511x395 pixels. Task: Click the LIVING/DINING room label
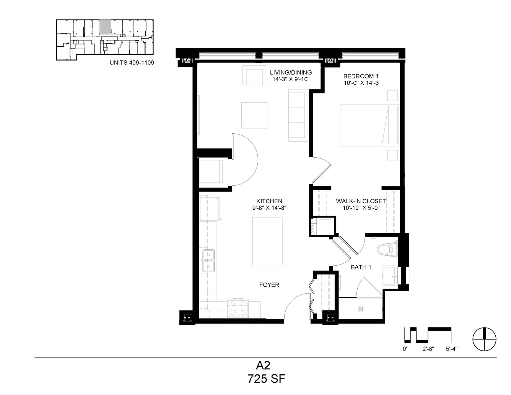click(x=291, y=72)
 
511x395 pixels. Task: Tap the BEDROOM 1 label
click(x=361, y=76)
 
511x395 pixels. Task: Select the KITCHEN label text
click(x=269, y=201)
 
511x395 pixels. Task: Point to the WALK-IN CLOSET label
click(x=361, y=201)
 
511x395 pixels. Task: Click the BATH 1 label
click(x=361, y=267)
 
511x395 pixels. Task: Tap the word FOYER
click(x=269, y=285)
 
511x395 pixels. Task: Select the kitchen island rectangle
click(x=268, y=241)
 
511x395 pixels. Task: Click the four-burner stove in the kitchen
click(x=238, y=308)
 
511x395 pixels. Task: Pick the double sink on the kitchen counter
click(x=208, y=261)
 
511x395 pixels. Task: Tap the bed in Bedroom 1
click(x=369, y=126)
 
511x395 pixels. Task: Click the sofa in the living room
click(x=298, y=115)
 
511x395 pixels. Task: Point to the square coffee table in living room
click(x=254, y=115)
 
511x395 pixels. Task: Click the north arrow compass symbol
click(x=485, y=339)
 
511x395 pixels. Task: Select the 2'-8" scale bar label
click(x=428, y=349)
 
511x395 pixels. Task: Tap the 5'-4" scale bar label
click(x=451, y=349)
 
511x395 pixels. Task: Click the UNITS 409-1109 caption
click(x=132, y=62)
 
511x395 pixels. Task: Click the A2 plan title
click(x=263, y=366)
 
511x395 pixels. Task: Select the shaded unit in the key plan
click(x=105, y=26)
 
